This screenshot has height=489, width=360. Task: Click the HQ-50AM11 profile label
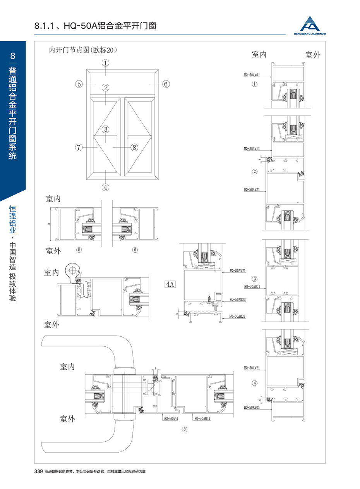(252, 148)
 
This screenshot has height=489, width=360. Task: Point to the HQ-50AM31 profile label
(252, 287)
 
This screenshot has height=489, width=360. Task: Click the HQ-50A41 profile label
(171, 418)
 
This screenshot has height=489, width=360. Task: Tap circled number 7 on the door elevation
(79, 147)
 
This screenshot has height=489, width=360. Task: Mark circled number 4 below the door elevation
(105, 187)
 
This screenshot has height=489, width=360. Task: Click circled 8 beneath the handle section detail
(184, 429)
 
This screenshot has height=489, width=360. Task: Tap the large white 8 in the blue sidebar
(12, 55)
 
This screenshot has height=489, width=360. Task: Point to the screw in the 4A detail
(211, 300)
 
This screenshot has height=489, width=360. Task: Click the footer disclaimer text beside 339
(95, 471)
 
